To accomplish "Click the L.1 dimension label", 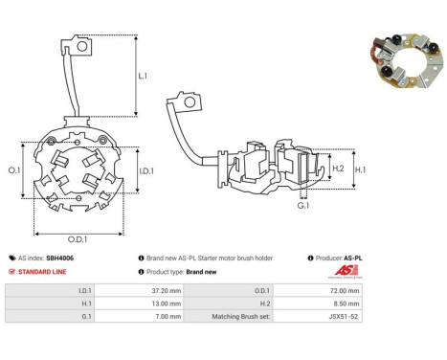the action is pyautogui.click(x=143, y=76).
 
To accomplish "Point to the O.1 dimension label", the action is pyautogui.click(x=14, y=170).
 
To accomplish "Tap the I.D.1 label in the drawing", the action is pyautogui.click(x=146, y=171).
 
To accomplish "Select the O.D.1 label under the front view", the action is pyautogui.click(x=78, y=239).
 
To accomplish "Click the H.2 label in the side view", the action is pyautogui.click(x=338, y=169).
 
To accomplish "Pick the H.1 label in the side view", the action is pyautogui.click(x=360, y=169).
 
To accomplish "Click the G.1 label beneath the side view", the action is pyautogui.click(x=303, y=206).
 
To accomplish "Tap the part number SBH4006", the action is pyautogui.click(x=60, y=258).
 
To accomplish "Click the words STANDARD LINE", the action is pyautogui.click(x=42, y=272).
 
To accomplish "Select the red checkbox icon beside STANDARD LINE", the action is pyautogui.click(x=11, y=272).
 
